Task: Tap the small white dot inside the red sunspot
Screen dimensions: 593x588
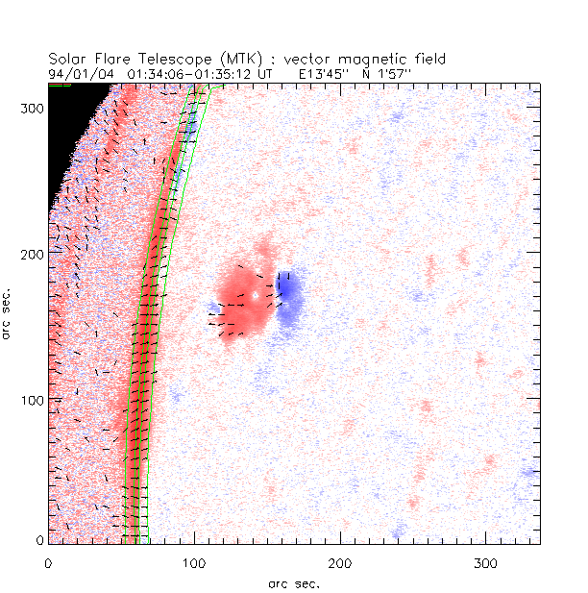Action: tap(256, 295)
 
